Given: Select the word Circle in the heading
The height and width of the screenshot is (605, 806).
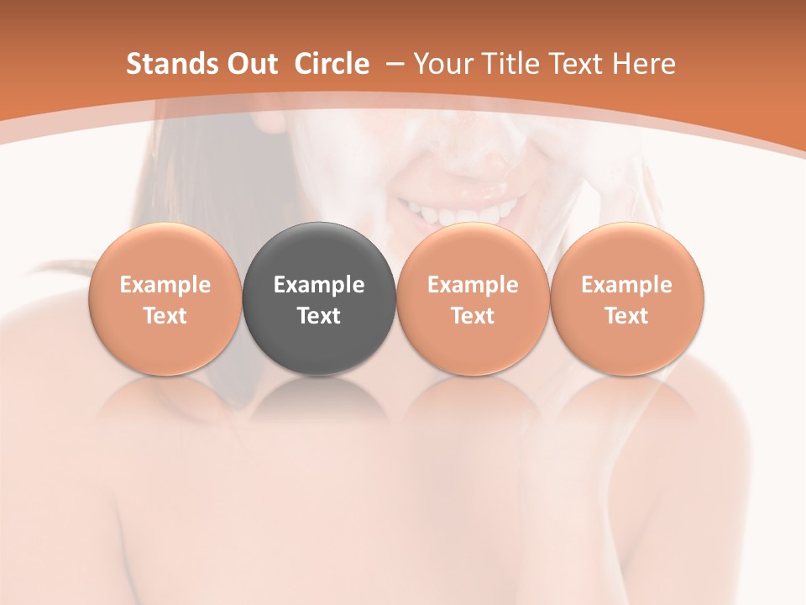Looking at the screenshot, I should click(332, 64).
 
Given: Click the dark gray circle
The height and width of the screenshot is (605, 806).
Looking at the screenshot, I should click(319, 252).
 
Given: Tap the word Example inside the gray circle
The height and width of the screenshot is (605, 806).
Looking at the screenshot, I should click(319, 285).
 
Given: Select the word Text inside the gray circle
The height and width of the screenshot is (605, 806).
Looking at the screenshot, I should click(319, 316).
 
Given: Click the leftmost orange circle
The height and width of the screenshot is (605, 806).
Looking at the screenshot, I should click(165, 252).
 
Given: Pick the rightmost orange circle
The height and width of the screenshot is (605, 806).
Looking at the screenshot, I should click(626, 252).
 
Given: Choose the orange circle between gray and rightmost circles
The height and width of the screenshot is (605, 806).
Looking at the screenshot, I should click(473, 252).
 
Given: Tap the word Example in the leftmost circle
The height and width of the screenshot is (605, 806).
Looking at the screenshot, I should click(165, 285).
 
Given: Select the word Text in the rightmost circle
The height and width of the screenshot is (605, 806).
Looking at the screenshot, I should click(626, 316).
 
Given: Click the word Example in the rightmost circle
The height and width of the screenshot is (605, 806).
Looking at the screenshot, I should click(626, 285).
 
